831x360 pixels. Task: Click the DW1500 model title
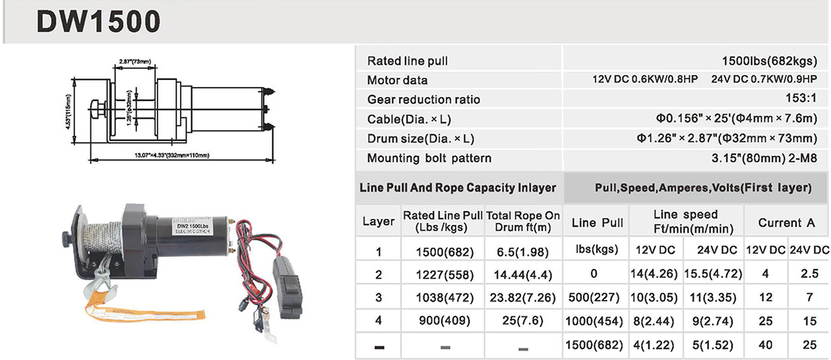[98, 22]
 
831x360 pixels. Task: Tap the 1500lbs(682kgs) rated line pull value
[770, 61]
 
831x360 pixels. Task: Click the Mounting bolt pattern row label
[429, 158]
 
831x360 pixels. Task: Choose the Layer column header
[379, 222]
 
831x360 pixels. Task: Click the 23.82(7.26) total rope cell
[524, 297]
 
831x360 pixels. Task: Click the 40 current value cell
[766, 344]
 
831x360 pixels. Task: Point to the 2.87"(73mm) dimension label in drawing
[135, 61]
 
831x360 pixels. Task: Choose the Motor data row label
[397, 80]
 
